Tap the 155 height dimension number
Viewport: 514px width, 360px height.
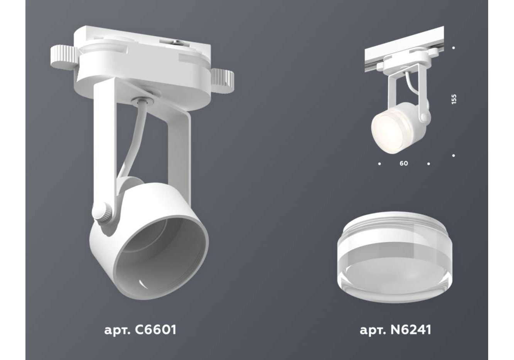coord(454,99)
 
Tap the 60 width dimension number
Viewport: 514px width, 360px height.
coord(404,164)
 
